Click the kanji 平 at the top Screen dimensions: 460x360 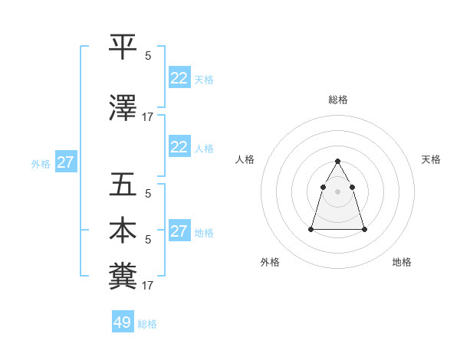pos(123,47)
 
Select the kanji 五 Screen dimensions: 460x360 pos(123,185)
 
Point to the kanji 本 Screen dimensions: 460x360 pos(123,231)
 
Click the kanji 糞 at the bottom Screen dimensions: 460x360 pos(123,277)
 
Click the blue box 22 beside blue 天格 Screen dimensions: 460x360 pos(179,78)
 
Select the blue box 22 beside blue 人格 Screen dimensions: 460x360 pos(179,147)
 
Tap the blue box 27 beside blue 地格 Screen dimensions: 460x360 pos(179,231)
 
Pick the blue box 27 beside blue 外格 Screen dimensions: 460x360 pos(65,162)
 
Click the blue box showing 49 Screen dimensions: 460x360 pos(123,322)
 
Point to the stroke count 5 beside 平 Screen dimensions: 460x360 pos(148,56)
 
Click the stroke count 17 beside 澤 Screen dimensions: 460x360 pos(148,117)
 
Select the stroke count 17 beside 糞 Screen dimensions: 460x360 pos(148,286)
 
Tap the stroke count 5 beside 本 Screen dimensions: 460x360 pos(148,240)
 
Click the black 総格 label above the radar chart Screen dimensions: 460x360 pos(337,100)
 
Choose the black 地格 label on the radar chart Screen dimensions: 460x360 pos(402,262)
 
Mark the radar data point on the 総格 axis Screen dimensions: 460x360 pos(337,161)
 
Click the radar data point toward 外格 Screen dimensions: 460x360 pos(311,228)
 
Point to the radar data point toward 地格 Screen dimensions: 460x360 pos(364,229)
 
